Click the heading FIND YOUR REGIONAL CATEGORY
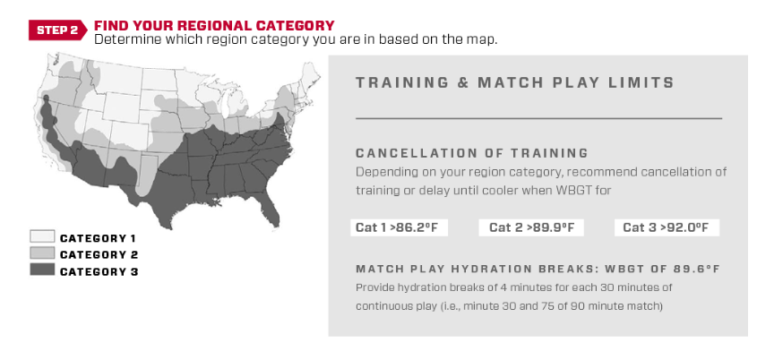tap(214, 25)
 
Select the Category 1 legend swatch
tap(42, 236)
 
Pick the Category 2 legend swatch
tap(42, 253)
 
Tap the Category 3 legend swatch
tap(42, 270)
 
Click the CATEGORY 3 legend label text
tap(99, 271)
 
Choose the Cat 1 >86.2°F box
tap(399, 227)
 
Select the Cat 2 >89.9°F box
tap(531, 227)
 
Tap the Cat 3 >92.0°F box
tap(667, 227)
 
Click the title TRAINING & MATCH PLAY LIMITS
tap(515, 83)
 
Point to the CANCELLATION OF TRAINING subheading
tap(472, 153)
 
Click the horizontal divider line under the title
tap(538, 118)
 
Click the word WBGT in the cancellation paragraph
tap(576, 190)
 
